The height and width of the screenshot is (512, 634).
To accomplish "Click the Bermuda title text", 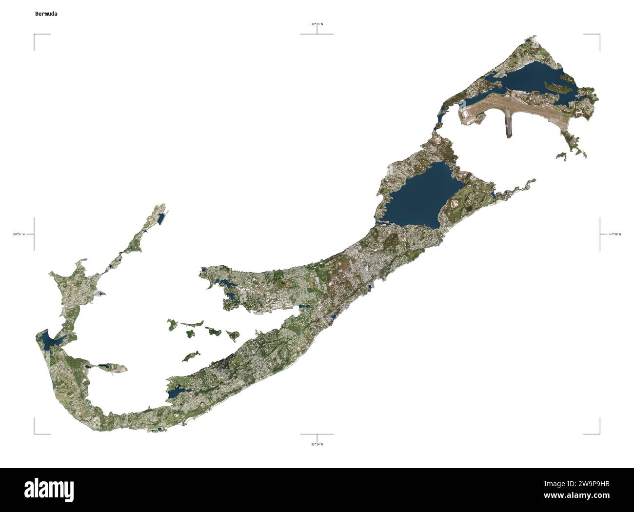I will click(x=46, y=14).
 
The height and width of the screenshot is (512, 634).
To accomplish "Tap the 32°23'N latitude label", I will click(x=317, y=24).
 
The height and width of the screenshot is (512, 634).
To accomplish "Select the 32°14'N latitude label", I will click(x=317, y=444).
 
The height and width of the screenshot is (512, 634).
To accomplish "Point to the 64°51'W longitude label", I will click(x=20, y=234).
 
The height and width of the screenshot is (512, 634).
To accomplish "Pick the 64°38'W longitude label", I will click(x=614, y=234).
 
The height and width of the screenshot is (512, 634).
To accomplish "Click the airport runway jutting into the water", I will click(x=508, y=124).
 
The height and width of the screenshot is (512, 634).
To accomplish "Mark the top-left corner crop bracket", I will click(x=35, y=36).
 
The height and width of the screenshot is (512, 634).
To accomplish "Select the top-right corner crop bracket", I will click(x=598, y=36).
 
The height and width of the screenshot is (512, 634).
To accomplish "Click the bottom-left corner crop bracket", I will click(x=35, y=432).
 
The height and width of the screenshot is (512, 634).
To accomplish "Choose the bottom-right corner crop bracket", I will click(x=598, y=432).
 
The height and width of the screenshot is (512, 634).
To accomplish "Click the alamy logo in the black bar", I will click(x=49, y=490).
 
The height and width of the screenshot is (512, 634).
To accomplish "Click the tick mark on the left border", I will click(x=34, y=234).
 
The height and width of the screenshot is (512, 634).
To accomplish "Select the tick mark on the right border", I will click(x=600, y=234).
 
